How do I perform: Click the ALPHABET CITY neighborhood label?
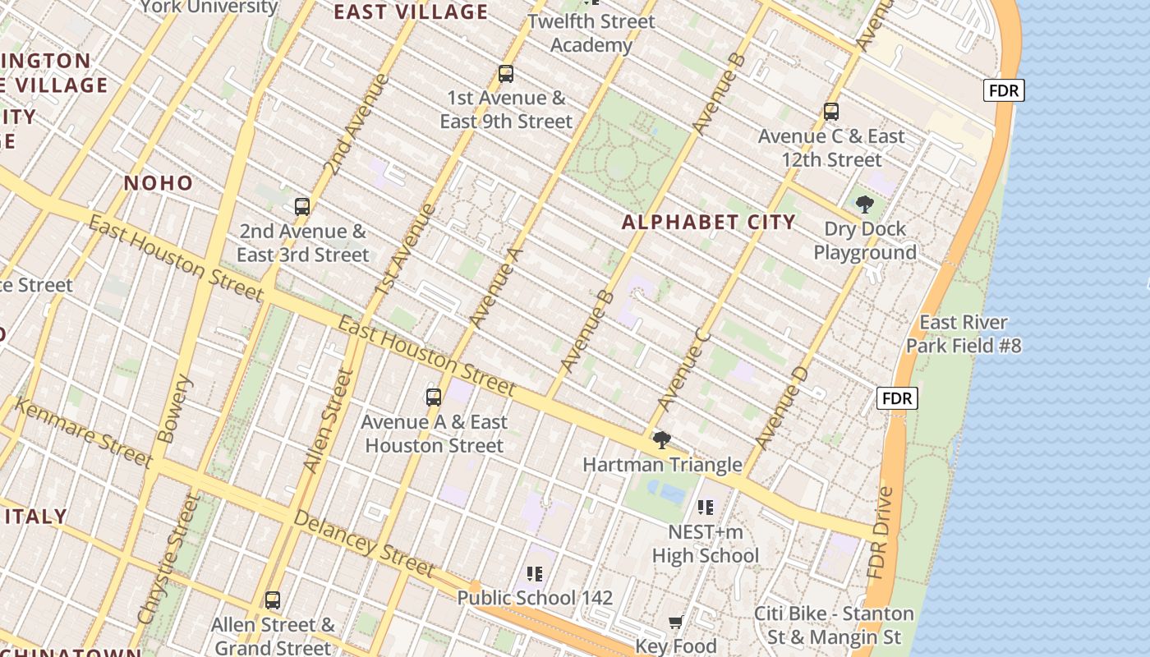tap(708, 222)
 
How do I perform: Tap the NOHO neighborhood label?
tap(159, 183)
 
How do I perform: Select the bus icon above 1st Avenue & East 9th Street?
tap(506, 74)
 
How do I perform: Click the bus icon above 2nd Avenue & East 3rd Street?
tap(302, 207)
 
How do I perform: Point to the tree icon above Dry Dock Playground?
tap(864, 204)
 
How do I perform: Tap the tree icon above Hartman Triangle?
tap(661, 440)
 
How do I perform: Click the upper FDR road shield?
tap(1004, 90)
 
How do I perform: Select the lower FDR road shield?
tap(897, 399)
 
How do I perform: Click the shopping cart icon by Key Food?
tap(675, 623)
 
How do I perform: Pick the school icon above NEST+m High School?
tap(705, 508)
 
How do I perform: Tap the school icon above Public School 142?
tap(535, 573)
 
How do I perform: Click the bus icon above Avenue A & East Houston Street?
tap(434, 397)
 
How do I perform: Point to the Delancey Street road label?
tap(364, 543)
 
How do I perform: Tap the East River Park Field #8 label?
tap(964, 333)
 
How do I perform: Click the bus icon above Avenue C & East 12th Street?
tap(831, 112)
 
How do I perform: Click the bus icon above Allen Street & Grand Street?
tap(273, 600)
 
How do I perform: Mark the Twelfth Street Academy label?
tap(591, 33)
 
